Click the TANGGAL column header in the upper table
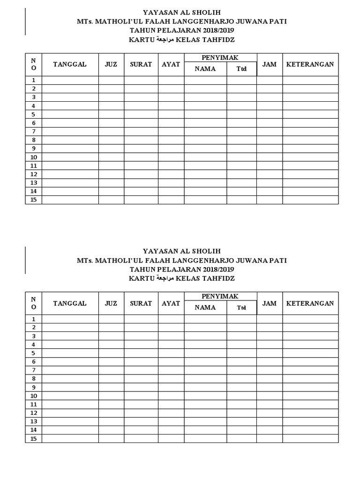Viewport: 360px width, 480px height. tap(70, 64)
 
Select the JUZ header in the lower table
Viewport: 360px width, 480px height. tap(111, 303)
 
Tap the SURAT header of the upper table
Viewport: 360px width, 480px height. tap(141, 64)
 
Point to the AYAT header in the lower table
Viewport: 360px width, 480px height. tap(171, 303)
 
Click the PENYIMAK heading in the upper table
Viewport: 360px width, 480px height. tap(220, 58)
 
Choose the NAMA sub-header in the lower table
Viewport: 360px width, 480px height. tap(205, 307)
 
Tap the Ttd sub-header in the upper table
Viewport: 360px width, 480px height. tap(241, 69)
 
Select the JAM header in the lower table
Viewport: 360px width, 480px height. tap(270, 303)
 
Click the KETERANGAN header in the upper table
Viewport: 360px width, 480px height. tap(310, 64)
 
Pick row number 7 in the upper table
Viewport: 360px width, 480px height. tap(34, 131)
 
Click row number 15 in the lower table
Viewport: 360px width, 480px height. tap(34, 439)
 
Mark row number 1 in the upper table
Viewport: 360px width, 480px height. tap(34, 81)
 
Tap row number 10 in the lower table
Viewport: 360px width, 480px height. tap(34, 396)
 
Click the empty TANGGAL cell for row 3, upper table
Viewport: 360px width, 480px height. tap(70, 97)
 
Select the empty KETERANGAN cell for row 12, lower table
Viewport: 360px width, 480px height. tap(310, 413)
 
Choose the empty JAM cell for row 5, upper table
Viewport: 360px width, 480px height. tap(270, 114)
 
